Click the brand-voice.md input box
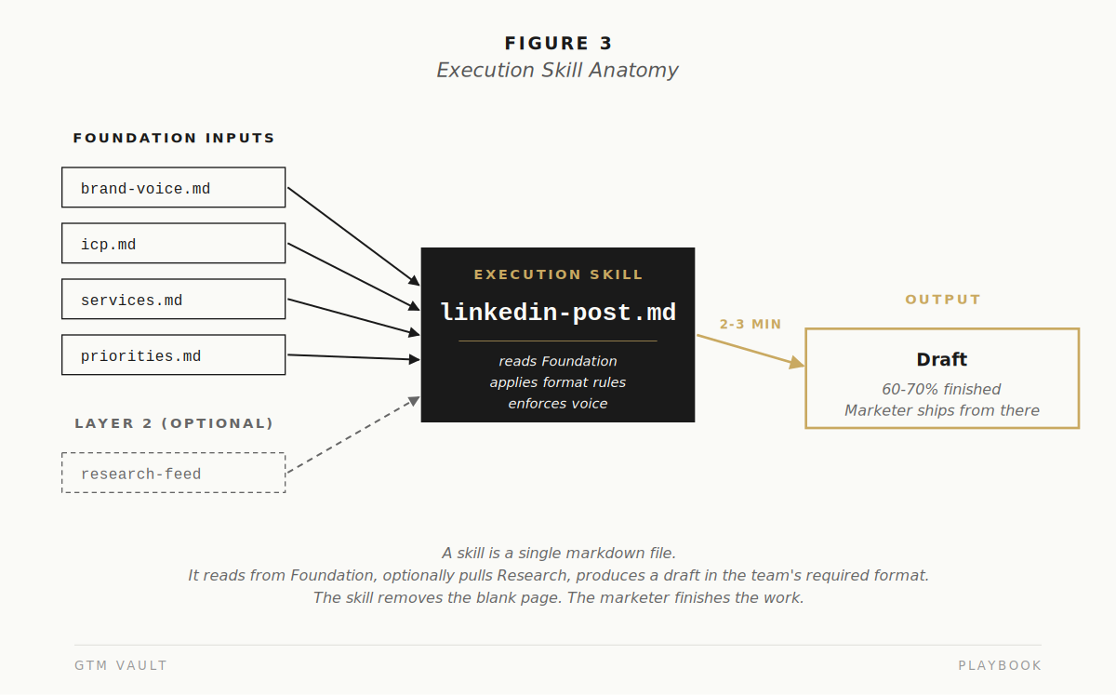[x=173, y=187]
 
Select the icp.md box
[x=173, y=244]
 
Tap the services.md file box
[x=173, y=300]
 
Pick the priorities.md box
[x=173, y=355]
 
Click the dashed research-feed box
[x=173, y=473]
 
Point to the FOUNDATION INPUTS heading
[x=174, y=138]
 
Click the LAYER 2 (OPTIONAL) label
[x=174, y=423]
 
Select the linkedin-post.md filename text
[x=558, y=313]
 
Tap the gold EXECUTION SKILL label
[x=558, y=274]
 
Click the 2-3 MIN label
[x=751, y=324]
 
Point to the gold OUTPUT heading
[x=943, y=300]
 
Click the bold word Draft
[x=941, y=359]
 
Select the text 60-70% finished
[x=941, y=389]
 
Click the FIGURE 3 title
[x=558, y=44]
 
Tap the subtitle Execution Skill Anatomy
[x=557, y=71]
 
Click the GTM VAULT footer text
[x=121, y=665]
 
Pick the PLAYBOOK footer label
[x=1000, y=665]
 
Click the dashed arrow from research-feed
[x=353, y=434]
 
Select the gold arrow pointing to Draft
[x=751, y=351]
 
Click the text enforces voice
[x=557, y=404]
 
